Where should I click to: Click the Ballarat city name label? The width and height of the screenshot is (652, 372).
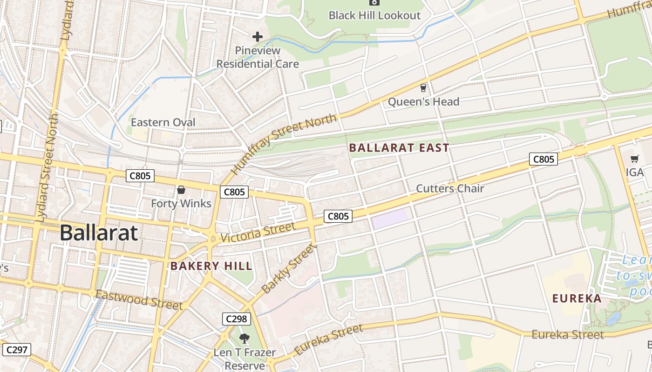(99, 232)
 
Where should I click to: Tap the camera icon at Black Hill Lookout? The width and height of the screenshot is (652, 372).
(374, 2)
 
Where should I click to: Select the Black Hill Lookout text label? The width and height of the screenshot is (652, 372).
(374, 15)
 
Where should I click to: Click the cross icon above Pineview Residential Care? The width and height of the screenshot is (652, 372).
(258, 37)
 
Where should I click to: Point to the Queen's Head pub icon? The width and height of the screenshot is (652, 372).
(423, 88)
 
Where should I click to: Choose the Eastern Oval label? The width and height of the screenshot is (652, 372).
(163, 122)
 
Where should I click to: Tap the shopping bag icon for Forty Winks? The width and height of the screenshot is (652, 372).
(181, 190)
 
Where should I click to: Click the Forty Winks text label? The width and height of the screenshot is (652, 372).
(181, 204)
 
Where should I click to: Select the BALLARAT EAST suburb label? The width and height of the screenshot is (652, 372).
(399, 148)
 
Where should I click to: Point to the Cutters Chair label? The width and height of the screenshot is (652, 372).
(450, 188)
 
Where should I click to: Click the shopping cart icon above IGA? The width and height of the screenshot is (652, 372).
(634, 159)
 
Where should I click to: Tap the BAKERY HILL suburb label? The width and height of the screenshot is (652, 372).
(211, 266)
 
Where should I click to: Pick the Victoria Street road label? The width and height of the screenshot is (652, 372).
(258, 232)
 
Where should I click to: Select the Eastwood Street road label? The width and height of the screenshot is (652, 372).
(139, 300)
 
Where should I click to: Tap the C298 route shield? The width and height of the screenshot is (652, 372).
(236, 319)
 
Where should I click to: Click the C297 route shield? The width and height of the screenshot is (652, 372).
(16, 350)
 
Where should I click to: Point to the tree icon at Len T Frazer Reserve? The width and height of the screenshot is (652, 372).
(244, 338)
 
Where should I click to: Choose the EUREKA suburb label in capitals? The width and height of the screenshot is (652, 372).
(577, 299)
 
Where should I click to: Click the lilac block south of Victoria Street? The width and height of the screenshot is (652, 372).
(390, 218)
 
